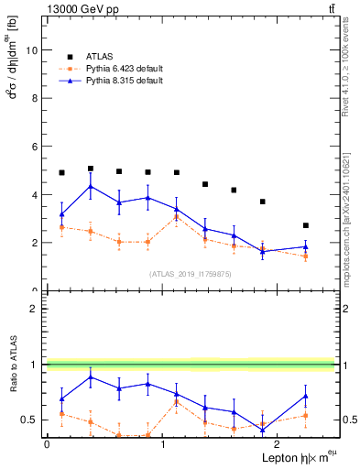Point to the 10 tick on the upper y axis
(36, 50)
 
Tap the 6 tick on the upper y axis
(36, 147)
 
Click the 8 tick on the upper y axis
(36, 99)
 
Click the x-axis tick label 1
(162, 444)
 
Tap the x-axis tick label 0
(47, 444)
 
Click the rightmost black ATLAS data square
(306, 225)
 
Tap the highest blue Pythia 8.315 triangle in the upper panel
(90, 187)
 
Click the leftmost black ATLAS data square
(61, 172)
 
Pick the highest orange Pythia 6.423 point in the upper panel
(176, 217)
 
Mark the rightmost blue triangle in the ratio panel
(306, 396)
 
